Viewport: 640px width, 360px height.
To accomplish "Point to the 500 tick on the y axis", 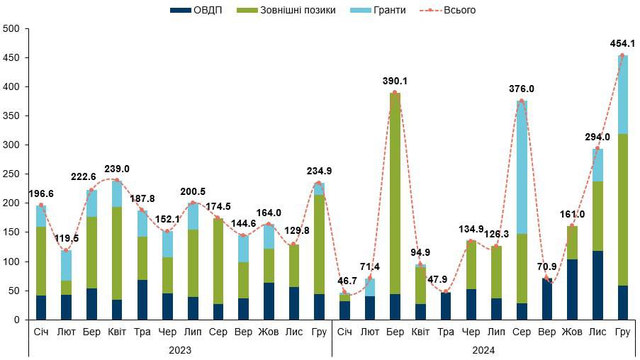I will point(11,28).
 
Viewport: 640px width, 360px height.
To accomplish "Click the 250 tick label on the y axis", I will point(11,174).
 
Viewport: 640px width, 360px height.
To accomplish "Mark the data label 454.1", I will point(622,44).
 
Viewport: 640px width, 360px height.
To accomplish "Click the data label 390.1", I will point(395,81).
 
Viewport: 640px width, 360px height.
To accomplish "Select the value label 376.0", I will point(522,89).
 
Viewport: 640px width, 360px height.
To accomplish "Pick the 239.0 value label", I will point(116,169).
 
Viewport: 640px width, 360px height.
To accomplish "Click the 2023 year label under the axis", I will point(180,349).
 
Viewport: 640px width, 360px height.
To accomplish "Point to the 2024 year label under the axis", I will point(483,349).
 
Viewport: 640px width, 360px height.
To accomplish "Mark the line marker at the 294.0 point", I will point(597,149).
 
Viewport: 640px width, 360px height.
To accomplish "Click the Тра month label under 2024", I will point(445,332).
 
